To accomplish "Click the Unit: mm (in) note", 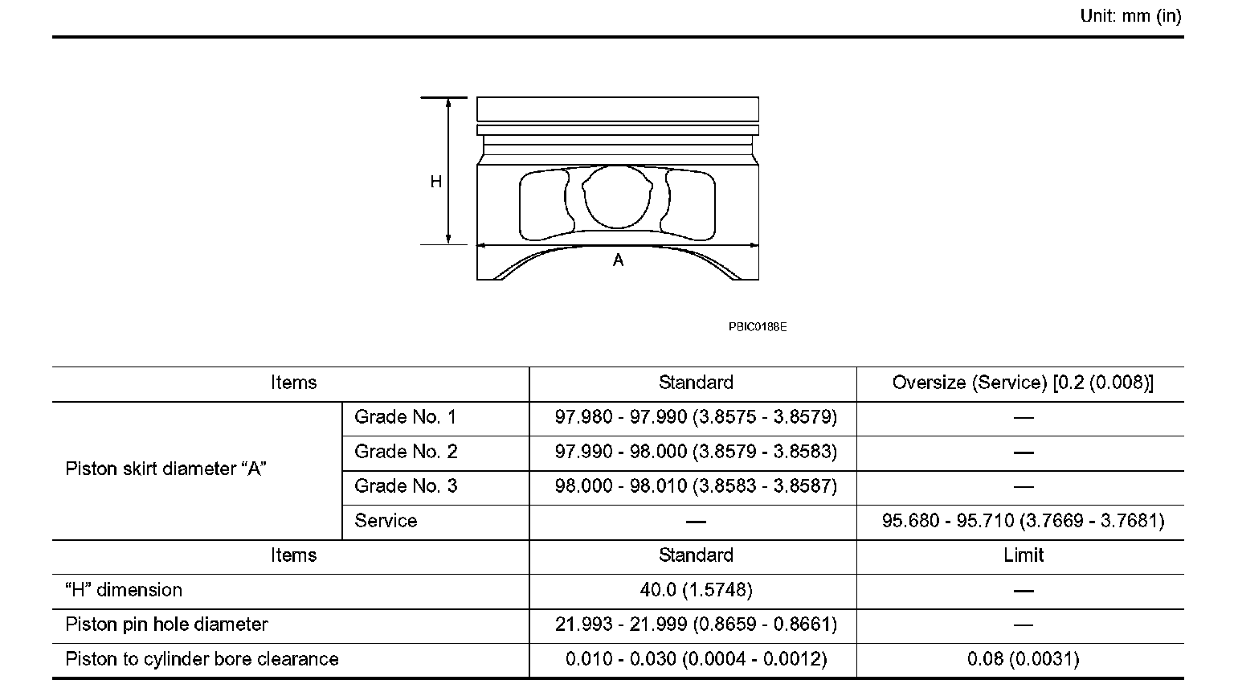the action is (x=1130, y=16).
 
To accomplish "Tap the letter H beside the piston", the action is (x=436, y=182).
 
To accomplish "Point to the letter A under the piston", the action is (x=618, y=260).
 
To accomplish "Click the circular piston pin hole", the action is (x=616, y=197).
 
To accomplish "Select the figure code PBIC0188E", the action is (x=758, y=327).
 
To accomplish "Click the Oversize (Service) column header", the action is (x=1022, y=383).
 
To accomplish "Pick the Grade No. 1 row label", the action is (x=406, y=417).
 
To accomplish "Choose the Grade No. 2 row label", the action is (x=406, y=452).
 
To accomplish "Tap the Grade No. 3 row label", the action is (x=406, y=486).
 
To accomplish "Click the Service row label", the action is (x=386, y=521).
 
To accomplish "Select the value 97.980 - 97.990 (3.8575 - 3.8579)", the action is (x=696, y=417).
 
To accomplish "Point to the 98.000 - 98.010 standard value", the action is (x=696, y=486).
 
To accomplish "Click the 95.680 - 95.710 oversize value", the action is (x=1023, y=521).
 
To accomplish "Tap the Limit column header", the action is (x=1023, y=555).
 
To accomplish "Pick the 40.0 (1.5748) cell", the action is (x=696, y=590).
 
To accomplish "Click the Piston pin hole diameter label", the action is (x=166, y=625).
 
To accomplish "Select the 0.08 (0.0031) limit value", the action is (x=1023, y=659).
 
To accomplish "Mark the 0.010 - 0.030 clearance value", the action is (x=696, y=659).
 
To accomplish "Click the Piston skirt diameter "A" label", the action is (x=165, y=469).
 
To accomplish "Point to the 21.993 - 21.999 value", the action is (x=696, y=625).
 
